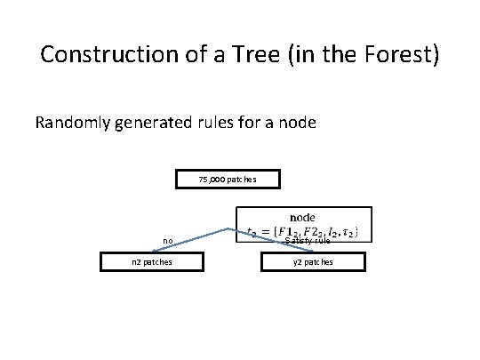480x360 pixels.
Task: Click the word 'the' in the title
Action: pyautogui.click(x=341, y=55)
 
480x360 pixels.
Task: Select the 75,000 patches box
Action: pyautogui.click(x=228, y=180)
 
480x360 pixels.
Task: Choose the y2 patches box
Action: pyautogui.click(x=313, y=261)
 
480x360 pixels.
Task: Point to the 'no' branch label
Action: pyautogui.click(x=167, y=240)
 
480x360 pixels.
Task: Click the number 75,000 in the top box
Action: pyautogui.click(x=212, y=180)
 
